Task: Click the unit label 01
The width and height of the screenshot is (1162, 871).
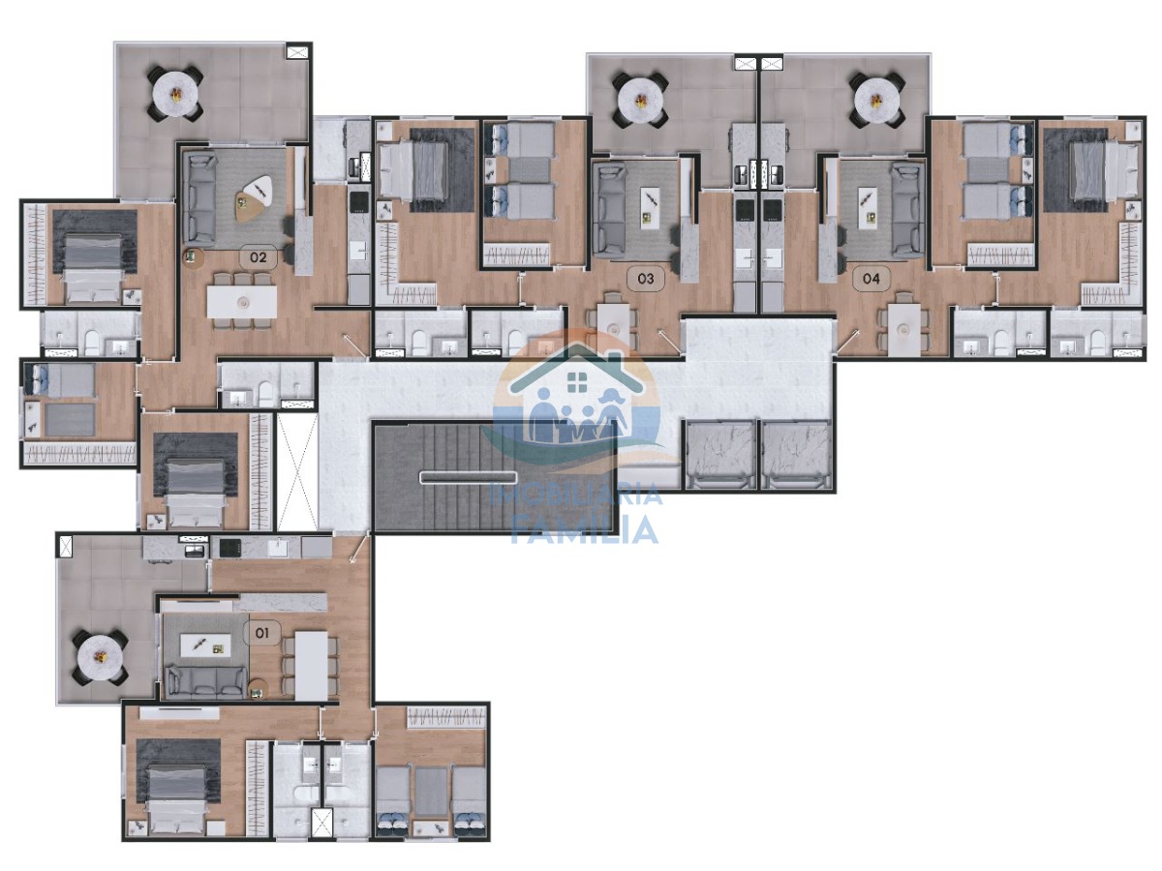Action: pyautogui.click(x=262, y=633)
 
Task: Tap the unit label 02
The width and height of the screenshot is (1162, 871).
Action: pyautogui.click(x=258, y=257)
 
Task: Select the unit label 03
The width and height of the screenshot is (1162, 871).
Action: pyautogui.click(x=645, y=278)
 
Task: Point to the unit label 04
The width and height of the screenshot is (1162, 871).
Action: pyautogui.click(x=871, y=278)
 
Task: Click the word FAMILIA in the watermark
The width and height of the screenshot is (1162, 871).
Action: pyautogui.click(x=585, y=530)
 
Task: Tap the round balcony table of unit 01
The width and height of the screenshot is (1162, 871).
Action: pyautogui.click(x=100, y=658)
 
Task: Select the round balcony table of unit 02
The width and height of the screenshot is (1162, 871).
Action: pyautogui.click(x=175, y=94)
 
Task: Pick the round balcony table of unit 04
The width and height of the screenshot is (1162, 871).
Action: pyautogui.click(x=876, y=100)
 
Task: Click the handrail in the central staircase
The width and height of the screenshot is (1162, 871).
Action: pyautogui.click(x=468, y=477)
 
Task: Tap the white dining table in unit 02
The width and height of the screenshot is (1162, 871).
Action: pyautogui.click(x=242, y=301)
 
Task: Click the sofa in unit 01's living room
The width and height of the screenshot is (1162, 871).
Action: pyautogui.click(x=206, y=682)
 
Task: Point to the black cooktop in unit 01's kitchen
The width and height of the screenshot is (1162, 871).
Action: pyautogui.click(x=230, y=548)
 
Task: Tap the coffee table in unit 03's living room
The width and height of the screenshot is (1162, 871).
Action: pyautogui.click(x=651, y=208)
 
